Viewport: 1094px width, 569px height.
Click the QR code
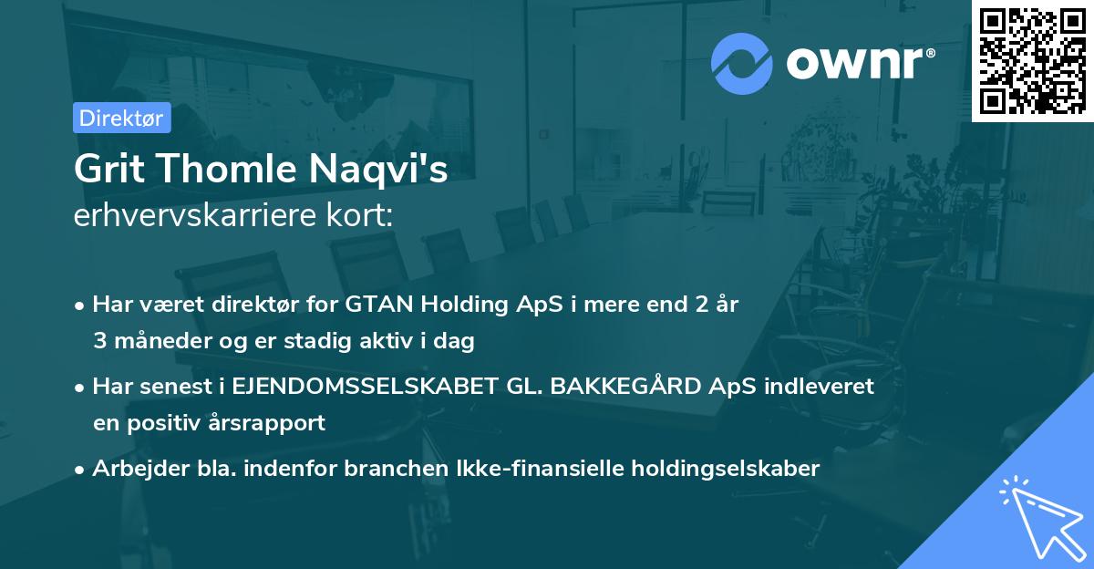(1032, 61)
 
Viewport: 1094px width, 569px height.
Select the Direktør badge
(121, 118)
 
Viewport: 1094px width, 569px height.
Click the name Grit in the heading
(107, 169)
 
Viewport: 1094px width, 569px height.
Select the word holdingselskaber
(720, 469)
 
